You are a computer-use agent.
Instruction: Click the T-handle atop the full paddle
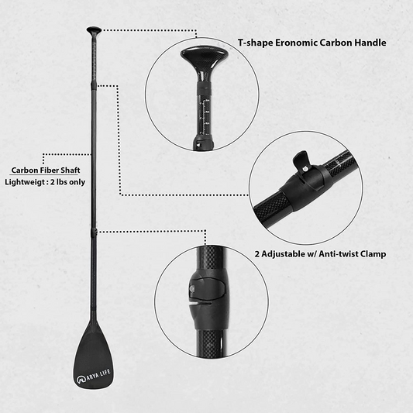(x=94, y=30)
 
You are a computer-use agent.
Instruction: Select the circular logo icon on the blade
(x=81, y=380)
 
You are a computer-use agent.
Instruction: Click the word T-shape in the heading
(x=255, y=43)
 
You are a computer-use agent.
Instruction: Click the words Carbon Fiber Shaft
(x=46, y=170)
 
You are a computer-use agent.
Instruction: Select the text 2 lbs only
(x=67, y=182)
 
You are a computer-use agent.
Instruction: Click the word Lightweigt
(x=24, y=182)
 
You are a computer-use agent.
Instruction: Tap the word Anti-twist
(x=339, y=254)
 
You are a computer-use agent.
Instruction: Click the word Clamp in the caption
(x=374, y=254)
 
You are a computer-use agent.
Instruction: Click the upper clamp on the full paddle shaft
(x=93, y=86)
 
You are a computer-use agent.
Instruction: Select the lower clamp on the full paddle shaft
(x=94, y=232)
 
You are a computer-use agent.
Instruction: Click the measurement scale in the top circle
(x=205, y=116)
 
